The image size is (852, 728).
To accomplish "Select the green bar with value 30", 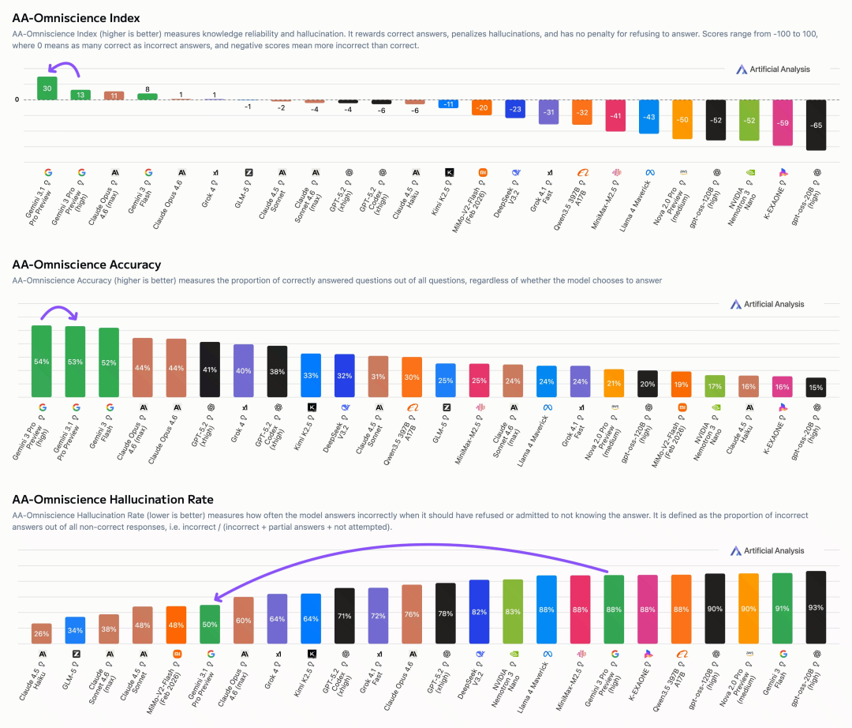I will point(47,88).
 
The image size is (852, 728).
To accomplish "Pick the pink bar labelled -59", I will point(782,122).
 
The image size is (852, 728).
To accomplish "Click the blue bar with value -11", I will point(448,104).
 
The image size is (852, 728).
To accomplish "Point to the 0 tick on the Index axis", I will point(16,99).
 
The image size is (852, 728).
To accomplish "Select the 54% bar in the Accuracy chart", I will point(42,361).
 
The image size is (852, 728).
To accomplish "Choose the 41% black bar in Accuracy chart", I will point(210,369).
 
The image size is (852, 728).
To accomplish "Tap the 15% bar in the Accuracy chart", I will point(816,387).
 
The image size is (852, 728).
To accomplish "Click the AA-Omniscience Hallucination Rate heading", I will point(112,500).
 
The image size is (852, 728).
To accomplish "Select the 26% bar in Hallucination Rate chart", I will point(42,633).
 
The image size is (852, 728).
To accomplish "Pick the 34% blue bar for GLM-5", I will point(76,630).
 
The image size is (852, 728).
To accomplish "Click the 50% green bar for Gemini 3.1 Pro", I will point(210,624).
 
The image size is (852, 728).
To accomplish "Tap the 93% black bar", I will point(816,607).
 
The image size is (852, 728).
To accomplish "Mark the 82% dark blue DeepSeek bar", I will point(479,612).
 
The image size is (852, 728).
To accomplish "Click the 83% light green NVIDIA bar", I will point(513,612).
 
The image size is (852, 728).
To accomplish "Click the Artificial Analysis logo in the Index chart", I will point(774,69).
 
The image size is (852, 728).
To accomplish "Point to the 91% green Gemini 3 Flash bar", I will point(782,608).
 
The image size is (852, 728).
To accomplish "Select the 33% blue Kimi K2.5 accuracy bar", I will point(311,375).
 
